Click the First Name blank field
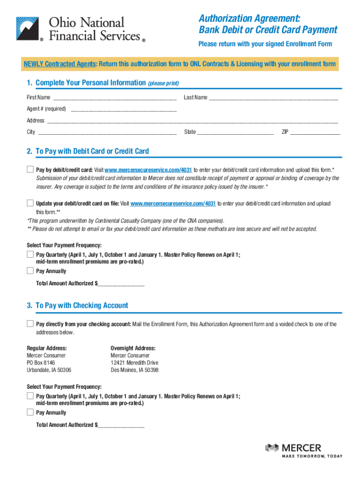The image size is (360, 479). (115, 98)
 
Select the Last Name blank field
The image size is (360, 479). (273, 98)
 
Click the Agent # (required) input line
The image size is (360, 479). (123, 109)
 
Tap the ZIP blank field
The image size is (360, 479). (315, 132)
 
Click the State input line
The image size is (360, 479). (235, 132)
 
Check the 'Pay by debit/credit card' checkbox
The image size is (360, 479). (30, 169)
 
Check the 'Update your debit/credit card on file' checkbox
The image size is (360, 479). (30, 203)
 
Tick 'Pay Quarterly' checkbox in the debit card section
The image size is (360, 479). (30, 254)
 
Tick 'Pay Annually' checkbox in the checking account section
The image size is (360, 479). (30, 412)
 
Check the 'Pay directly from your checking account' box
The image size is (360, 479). (30, 324)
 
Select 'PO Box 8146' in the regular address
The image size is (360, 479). (41, 363)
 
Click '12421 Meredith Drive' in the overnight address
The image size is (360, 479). (134, 363)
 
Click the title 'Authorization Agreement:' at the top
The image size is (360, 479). (249, 19)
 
